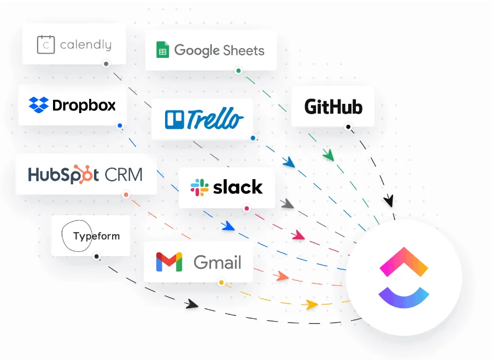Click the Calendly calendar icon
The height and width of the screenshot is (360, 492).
(46, 45)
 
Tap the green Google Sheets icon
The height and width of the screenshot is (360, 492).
(162, 50)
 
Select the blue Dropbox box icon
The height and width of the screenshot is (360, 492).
(39, 105)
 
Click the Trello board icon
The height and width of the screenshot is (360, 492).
(174, 120)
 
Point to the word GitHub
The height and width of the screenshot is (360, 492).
(333, 107)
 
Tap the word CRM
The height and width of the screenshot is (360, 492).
(124, 175)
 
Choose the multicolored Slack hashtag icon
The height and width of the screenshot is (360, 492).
(200, 187)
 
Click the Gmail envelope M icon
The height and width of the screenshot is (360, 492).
(169, 262)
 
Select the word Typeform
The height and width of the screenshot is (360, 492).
(96, 236)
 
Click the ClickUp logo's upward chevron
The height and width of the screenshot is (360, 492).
(404, 262)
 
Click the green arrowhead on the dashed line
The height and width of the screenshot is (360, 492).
(329, 155)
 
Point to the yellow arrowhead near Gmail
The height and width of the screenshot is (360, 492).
(311, 304)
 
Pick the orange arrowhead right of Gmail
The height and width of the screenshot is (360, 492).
(282, 276)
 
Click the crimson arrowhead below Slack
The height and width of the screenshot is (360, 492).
(298, 235)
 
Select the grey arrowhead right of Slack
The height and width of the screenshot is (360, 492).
(288, 204)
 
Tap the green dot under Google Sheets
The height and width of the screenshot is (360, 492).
(238, 70)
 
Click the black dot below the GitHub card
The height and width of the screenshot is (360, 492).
(348, 127)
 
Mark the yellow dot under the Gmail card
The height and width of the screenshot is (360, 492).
(221, 282)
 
